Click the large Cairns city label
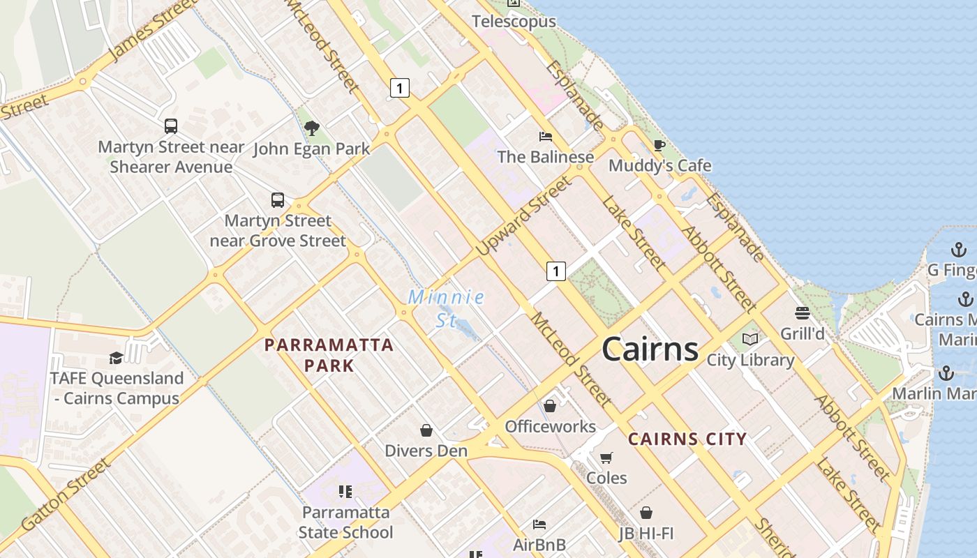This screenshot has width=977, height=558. pyautogui.click(x=650, y=349)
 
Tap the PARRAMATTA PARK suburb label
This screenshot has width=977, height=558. pyautogui.click(x=329, y=354)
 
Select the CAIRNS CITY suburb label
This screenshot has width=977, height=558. pyautogui.click(x=687, y=439)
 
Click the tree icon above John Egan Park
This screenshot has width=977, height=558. pyautogui.click(x=312, y=128)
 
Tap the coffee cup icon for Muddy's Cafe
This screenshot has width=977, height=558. pyautogui.click(x=659, y=145)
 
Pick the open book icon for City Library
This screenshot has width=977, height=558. pyautogui.click(x=750, y=340)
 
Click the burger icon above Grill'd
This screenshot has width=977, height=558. pyautogui.click(x=802, y=313)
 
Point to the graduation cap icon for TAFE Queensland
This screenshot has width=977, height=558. pyautogui.click(x=116, y=358)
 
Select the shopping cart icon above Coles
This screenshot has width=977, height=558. pyautogui.click(x=606, y=458)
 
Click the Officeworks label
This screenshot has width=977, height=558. pyautogui.click(x=550, y=426)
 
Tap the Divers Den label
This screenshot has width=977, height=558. pyautogui.click(x=426, y=451)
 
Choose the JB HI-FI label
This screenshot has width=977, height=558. pyautogui.click(x=646, y=534)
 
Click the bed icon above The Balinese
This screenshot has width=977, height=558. pyautogui.click(x=546, y=137)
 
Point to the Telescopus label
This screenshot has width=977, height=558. pyautogui.click(x=514, y=22)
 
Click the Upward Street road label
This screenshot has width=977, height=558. pyautogui.click(x=523, y=216)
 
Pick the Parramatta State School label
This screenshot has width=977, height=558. pyautogui.click(x=345, y=522)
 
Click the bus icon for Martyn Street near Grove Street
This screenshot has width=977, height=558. pyautogui.click(x=278, y=200)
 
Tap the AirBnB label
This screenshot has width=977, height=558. pyautogui.click(x=539, y=544)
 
